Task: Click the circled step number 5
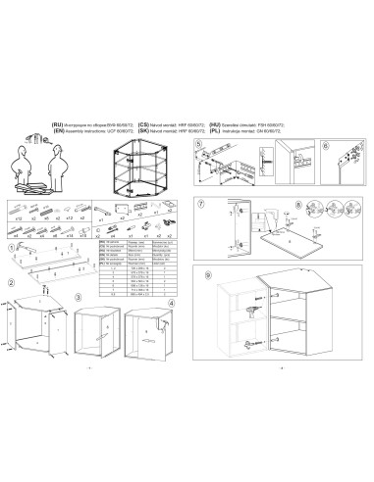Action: [x=199, y=143]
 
